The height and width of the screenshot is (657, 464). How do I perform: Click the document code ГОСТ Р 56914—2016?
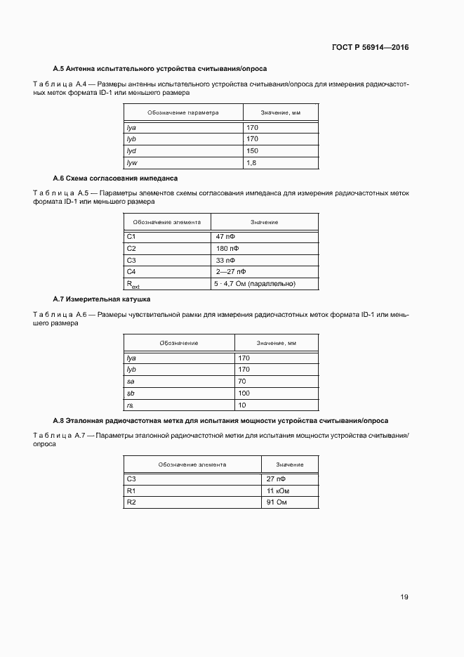coord(371,48)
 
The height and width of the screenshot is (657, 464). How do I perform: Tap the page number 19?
coord(404,597)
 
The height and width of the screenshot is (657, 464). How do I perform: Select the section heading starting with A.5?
coord(160,69)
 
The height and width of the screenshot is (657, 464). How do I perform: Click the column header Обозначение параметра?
coord(183,112)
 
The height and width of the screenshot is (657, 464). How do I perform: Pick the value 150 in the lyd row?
coord(252,151)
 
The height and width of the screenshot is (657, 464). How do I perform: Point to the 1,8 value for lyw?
coord(251,163)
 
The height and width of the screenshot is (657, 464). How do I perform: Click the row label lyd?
coord(131,151)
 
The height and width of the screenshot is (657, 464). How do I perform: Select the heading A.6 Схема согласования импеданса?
coord(115,178)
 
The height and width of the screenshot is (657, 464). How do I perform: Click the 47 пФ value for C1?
coord(225,237)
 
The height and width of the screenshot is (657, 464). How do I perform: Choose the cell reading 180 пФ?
coord(227,249)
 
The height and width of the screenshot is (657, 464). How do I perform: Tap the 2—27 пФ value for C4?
coord(231,271)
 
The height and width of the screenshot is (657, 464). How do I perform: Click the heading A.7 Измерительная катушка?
coord(101,299)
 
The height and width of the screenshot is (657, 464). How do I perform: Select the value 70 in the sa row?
coord(243,382)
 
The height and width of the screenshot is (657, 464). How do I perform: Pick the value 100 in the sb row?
coord(244,393)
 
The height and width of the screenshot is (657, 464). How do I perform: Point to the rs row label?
coord(130,405)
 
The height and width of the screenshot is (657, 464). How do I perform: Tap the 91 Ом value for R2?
coord(278,503)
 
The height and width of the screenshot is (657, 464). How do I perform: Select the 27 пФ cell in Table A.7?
coord(276,479)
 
